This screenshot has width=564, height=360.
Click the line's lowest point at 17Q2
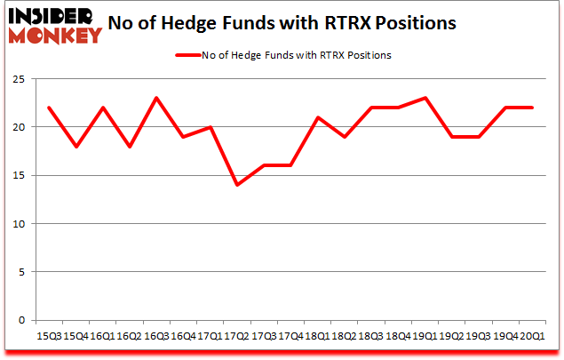click(235, 185)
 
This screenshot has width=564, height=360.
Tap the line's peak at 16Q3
click(155, 99)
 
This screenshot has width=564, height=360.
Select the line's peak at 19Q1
click(425, 99)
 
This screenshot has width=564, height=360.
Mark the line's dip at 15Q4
click(76, 147)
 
